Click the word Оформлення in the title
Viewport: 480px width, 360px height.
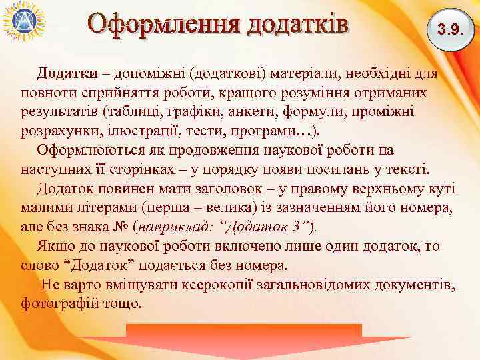pos(163,24)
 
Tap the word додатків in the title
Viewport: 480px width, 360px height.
pos(298,24)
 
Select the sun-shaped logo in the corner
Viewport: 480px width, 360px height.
pos(23,21)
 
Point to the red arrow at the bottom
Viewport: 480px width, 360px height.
pos(244,340)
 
